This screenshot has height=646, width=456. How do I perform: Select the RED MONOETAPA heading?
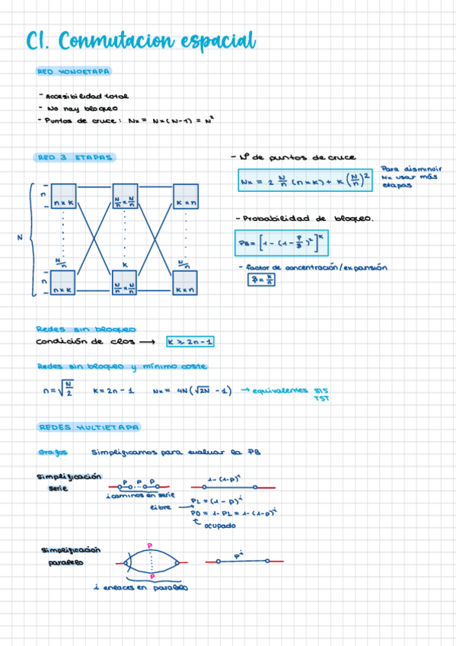click(x=73, y=72)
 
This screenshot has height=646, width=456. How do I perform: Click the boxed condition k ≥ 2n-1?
click(x=190, y=341)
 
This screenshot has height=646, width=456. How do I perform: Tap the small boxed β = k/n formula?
click(x=261, y=280)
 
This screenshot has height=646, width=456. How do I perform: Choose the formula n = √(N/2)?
click(x=59, y=390)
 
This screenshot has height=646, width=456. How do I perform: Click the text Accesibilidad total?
click(x=87, y=97)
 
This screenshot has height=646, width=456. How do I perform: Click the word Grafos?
click(x=52, y=452)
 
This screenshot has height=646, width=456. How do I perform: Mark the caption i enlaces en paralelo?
click(x=149, y=587)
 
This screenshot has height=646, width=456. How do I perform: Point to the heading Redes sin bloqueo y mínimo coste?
click(x=121, y=367)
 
